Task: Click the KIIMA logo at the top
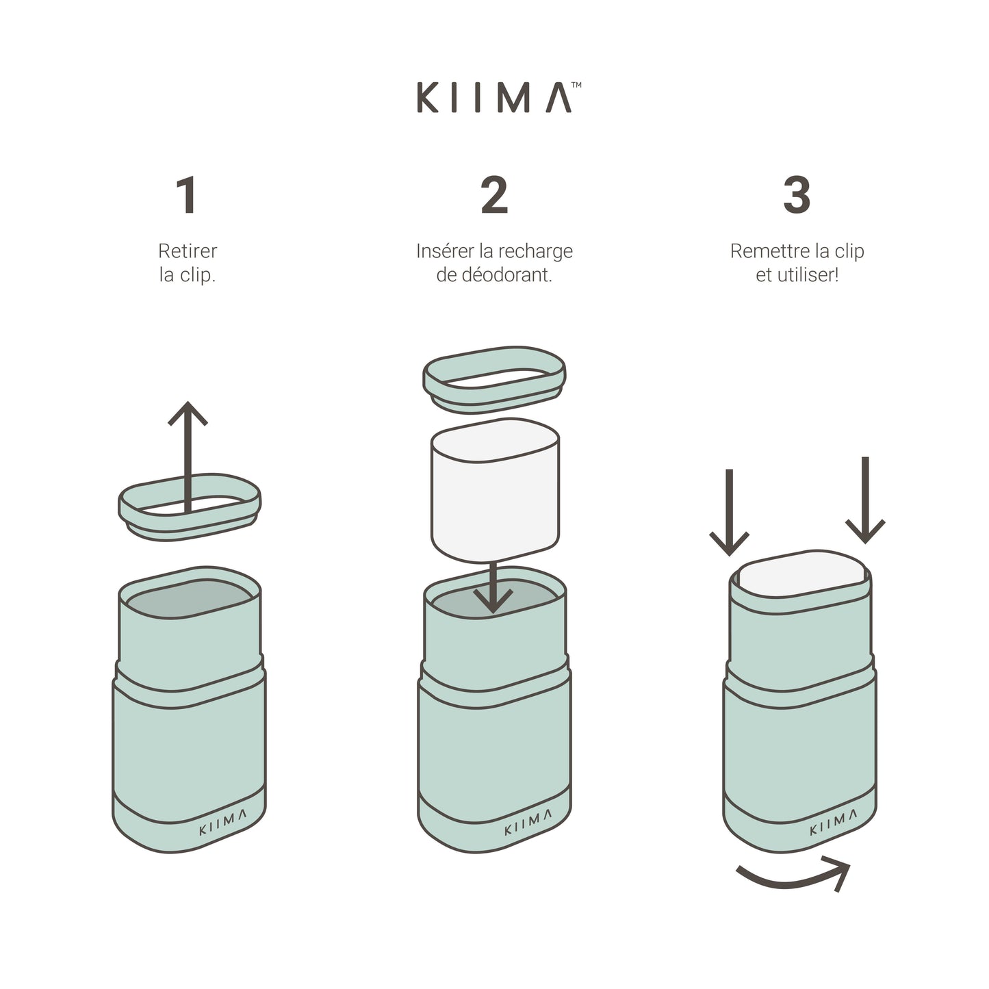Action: [x=493, y=97]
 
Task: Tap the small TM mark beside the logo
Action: [x=576, y=85]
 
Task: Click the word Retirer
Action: [x=188, y=251]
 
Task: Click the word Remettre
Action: [x=765, y=251]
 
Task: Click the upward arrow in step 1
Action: [x=188, y=457]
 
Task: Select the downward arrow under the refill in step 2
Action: [x=493, y=587]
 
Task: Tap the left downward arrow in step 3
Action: [x=730, y=512]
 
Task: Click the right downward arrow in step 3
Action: [x=865, y=500]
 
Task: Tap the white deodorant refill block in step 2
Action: [x=495, y=490]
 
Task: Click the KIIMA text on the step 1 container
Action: [x=222, y=822]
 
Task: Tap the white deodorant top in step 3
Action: [x=801, y=574]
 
